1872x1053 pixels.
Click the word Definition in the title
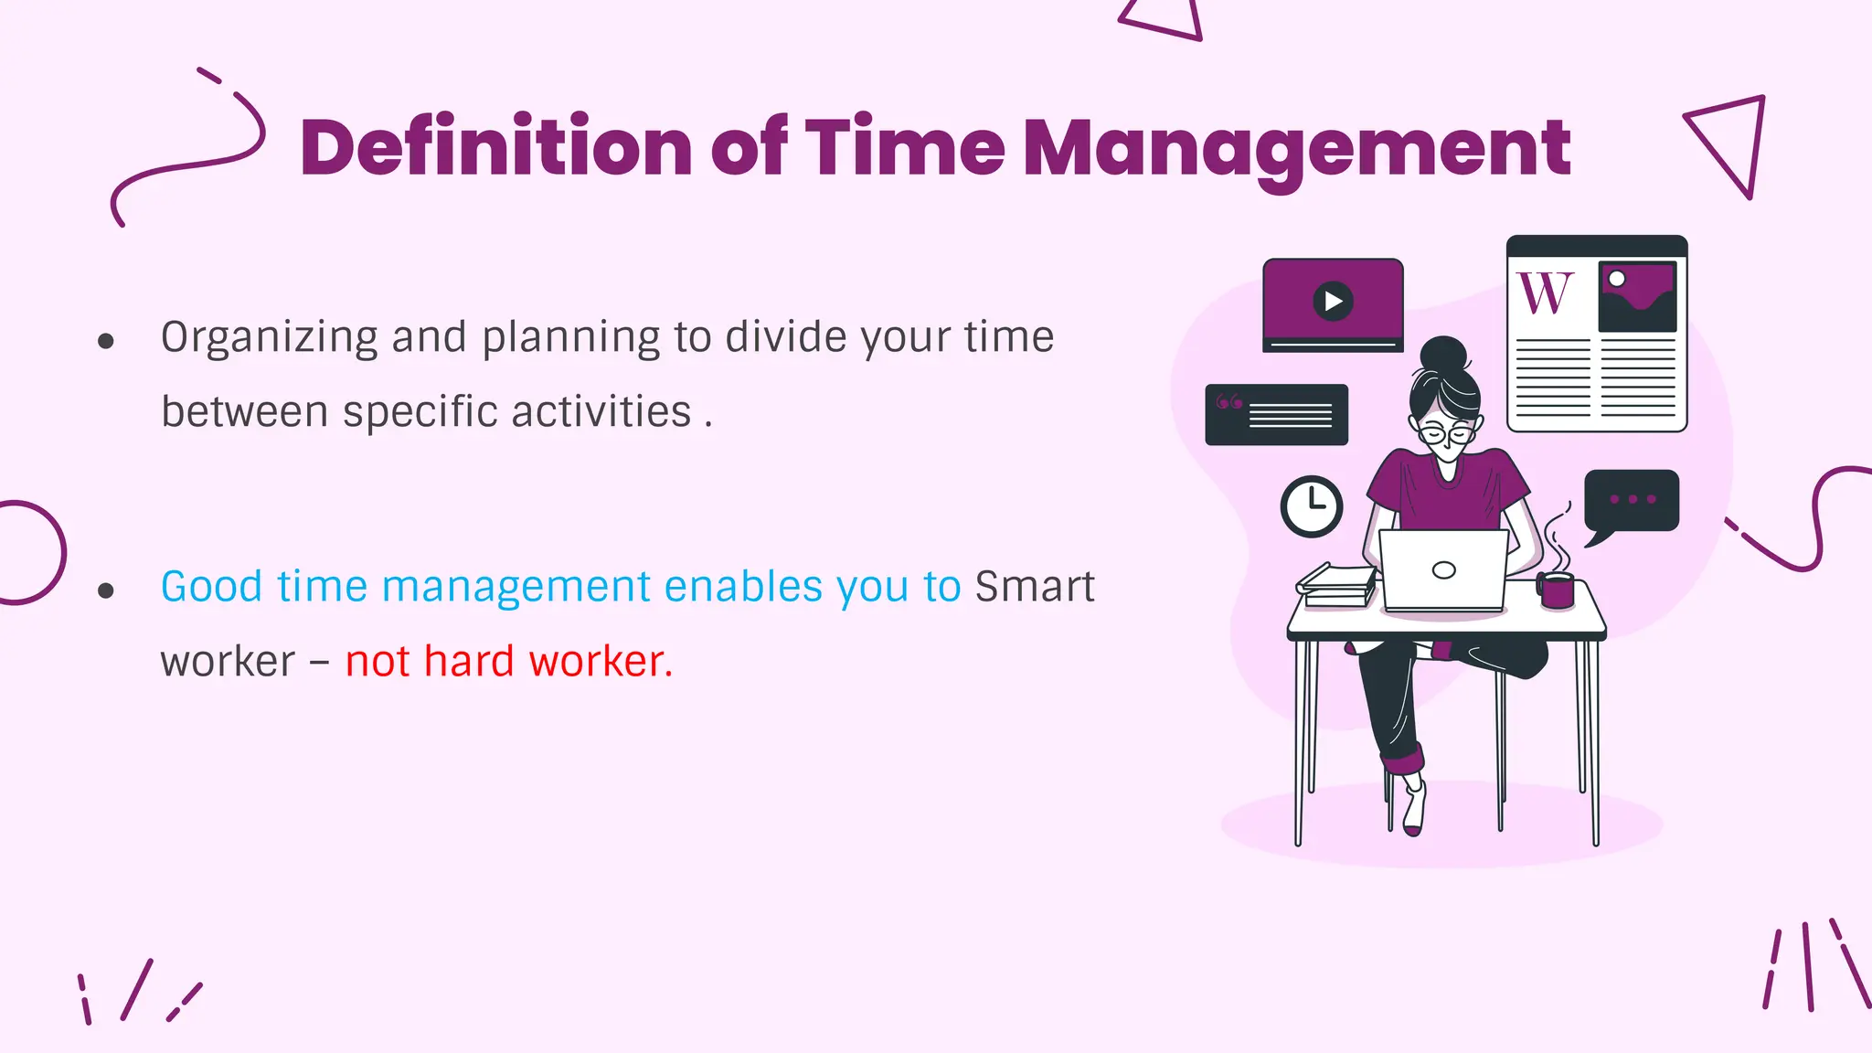495,148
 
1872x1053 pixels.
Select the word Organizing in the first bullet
269,338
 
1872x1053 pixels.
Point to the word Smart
1035,587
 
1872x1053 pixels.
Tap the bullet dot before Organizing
106,342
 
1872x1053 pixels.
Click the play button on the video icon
1333,301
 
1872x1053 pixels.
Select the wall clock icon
1312,505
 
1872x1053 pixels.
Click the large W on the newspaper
1546,293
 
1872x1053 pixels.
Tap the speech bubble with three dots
1632,501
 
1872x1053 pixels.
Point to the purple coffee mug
1557,590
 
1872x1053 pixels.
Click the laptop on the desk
1443,570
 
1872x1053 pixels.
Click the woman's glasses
1447,432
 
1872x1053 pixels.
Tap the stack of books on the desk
1336,583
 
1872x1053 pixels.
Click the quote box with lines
1277,415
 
